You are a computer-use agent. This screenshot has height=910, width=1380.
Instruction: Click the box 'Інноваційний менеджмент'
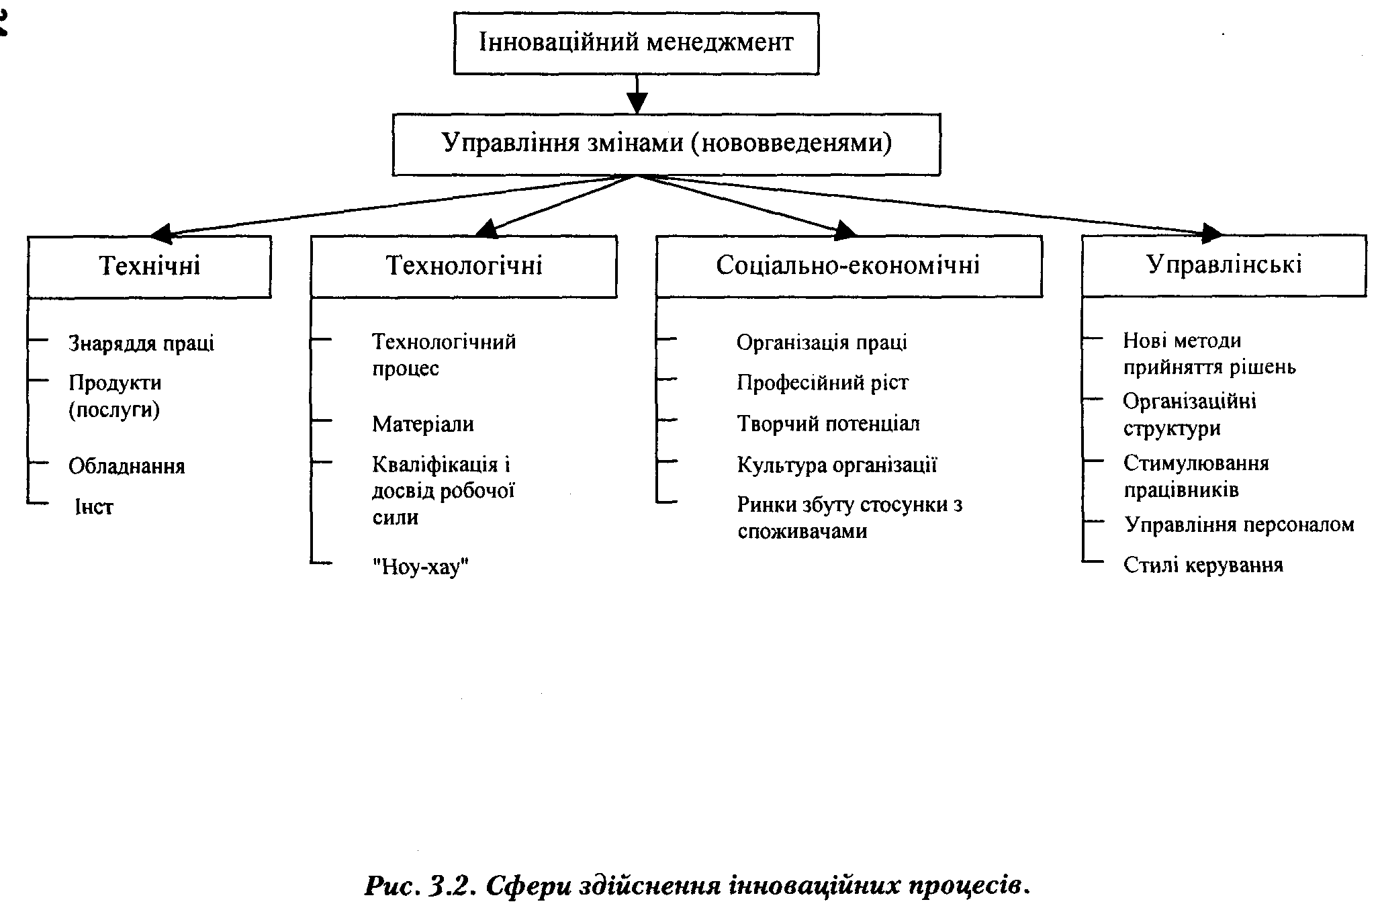pyautogui.click(x=636, y=43)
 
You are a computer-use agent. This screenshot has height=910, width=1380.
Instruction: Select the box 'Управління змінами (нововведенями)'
pyautogui.click(x=666, y=144)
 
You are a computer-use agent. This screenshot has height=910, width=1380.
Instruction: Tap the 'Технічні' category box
pyautogui.click(x=149, y=266)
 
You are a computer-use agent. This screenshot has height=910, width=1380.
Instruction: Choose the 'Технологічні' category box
pyautogui.click(x=463, y=266)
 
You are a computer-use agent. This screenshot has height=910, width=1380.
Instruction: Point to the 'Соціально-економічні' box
pyautogui.click(x=848, y=266)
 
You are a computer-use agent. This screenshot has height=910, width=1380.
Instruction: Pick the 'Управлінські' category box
pyautogui.click(x=1224, y=265)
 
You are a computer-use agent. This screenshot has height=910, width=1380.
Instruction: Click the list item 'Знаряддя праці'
pyautogui.click(x=141, y=343)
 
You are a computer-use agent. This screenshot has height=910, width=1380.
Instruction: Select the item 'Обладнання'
pyautogui.click(x=126, y=466)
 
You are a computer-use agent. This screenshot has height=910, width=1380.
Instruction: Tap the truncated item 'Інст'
pyautogui.click(x=93, y=507)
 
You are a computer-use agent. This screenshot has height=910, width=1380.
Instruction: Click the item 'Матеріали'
pyautogui.click(x=423, y=424)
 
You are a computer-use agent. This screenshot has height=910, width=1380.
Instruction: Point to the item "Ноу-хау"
pyautogui.click(x=420, y=567)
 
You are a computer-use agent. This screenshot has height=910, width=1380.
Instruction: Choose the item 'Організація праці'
pyautogui.click(x=821, y=343)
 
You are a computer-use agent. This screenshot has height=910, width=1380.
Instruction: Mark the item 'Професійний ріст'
pyautogui.click(x=822, y=383)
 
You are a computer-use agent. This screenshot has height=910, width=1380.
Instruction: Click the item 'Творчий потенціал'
pyautogui.click(x=828, y=424)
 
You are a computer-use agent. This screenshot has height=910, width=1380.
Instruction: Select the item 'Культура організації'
pyautogui.click(x=837, y=465)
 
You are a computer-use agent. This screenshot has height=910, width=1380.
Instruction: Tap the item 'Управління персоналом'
pyautogui.click(x=1239, y=525)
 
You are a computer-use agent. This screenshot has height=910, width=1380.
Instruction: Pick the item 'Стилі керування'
pyautogui.click(x=1203, y=565)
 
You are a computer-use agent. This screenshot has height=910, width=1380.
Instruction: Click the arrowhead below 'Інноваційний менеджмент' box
pyautogui.click(x=637, y=103)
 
